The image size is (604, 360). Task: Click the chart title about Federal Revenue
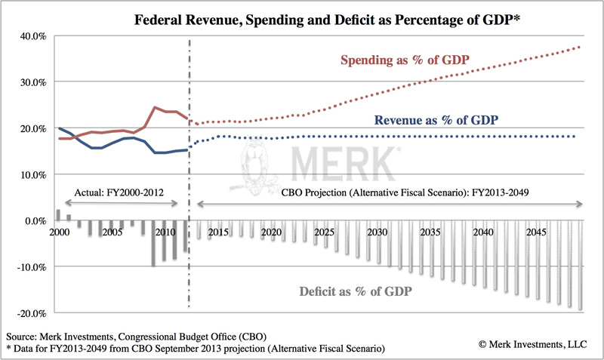point(302,16)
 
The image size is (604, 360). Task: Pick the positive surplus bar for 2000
point(58,215)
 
